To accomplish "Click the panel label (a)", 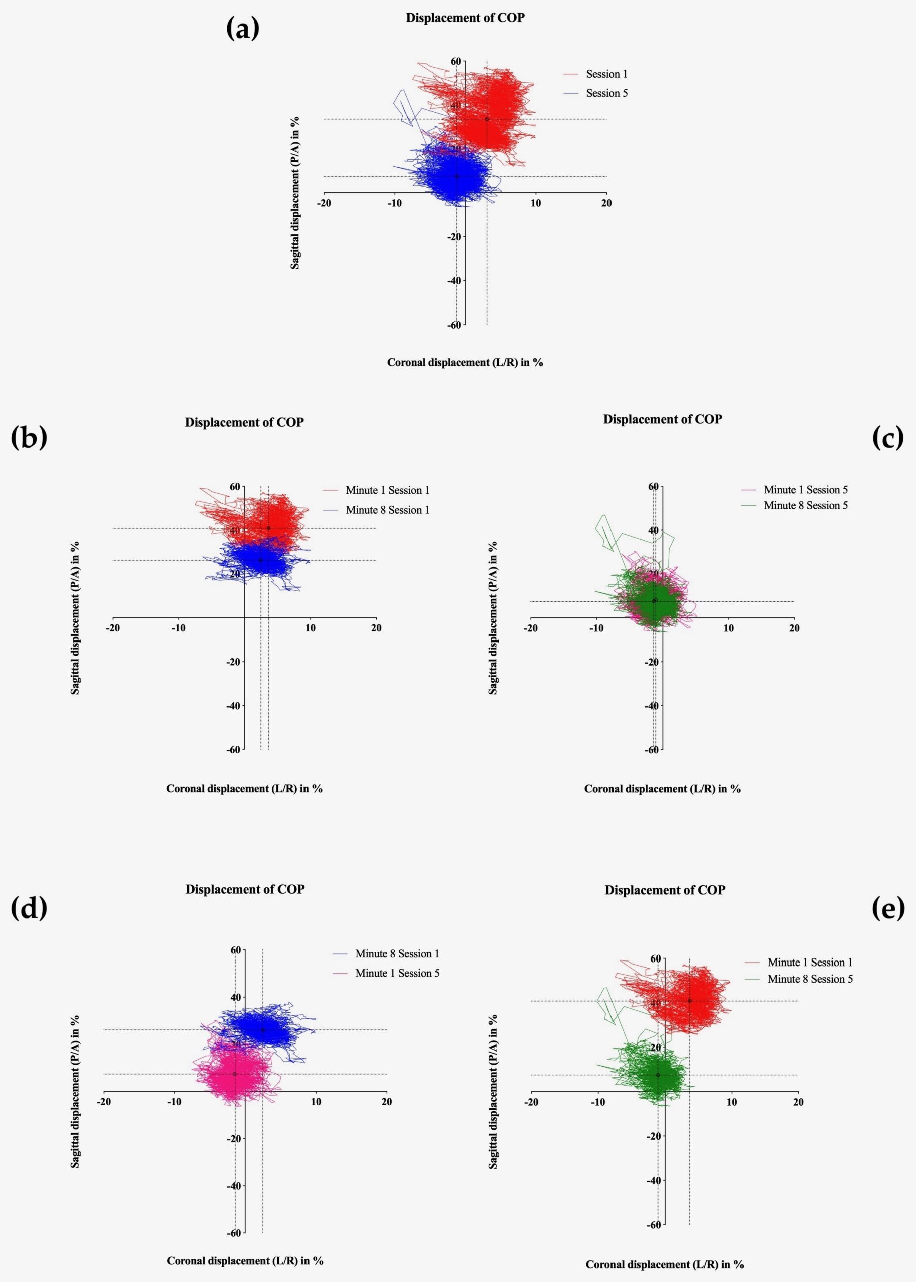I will pyautogui.click(x=242, y=28).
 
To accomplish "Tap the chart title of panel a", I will pyautogui.click(x=465, y=18).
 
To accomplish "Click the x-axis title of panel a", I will pyautogui.click(x=465, y=363).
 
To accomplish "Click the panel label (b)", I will pyautogui.click(x=29, y=438).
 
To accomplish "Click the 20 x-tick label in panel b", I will pyautogui.click(x=376, y=628).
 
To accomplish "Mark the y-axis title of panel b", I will pyautogui.click(x=75, y=617).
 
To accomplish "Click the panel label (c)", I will pyautogui.click(x=888, y=437).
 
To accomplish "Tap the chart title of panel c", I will pyautogui.click(x=662, y=419).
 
